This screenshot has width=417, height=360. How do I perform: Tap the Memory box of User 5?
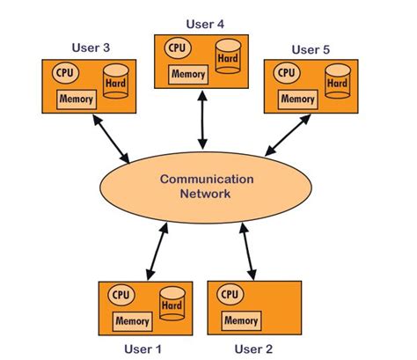pos(296,99)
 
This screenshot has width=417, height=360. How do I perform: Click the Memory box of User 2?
pos(239,320)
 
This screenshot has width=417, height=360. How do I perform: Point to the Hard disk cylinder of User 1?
pos(171,305)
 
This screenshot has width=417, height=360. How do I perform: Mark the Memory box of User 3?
pos(76,99)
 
